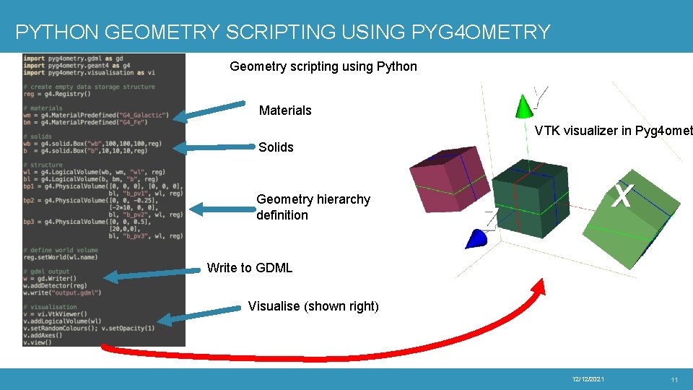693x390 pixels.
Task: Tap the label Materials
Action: coord(285,110)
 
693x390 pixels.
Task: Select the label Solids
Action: coord(276,147)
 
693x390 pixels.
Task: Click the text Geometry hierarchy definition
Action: coord(313,207)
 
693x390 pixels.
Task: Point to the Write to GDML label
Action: coord(250,268)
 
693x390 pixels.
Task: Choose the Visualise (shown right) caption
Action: coord(313,306)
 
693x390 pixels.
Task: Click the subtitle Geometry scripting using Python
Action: coord(323,66)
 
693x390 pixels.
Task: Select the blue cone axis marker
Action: coord(477,238)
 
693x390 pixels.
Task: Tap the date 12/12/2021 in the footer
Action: coord(588,380)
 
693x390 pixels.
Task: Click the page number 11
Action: coord(674,380)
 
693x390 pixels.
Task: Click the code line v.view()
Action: coord(38,342)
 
